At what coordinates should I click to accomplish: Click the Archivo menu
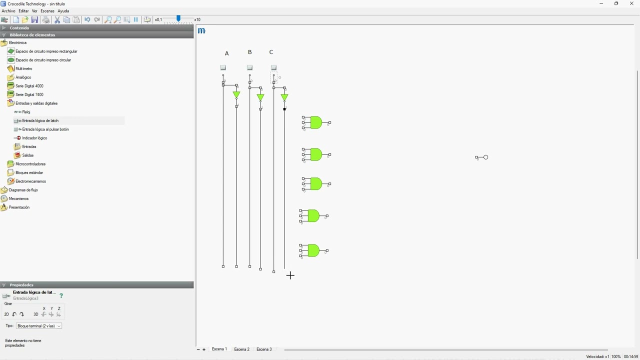pyautogui.click(x=8, y=11)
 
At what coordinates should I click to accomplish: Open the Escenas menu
pyautogui.click(x=47, y=11)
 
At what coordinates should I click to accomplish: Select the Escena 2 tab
pyautogui.click(x=241, y=349)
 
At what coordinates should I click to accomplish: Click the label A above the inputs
pyautogui.click(x=227, y=53)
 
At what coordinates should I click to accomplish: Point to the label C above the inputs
pyautogui.click(x=271, y=52)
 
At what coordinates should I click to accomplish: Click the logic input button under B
pyautogui.click(x=249, y=67)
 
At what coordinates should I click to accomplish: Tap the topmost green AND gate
pyautogui.click(x=315, y=122)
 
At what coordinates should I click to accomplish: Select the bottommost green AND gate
pyautogui.click(x=313, y=250)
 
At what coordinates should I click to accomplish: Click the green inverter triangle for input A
pyautogui.click(x=236, y=95)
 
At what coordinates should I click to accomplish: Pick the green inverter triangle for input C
pyautogui.click(x=284, y=97)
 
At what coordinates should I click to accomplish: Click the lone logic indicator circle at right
pyautogui.click(x=485, y=157)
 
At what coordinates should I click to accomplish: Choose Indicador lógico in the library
pyautogui.click(x=34, y=138)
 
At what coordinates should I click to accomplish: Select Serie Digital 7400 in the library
pyautogui.click(x=29, y=94)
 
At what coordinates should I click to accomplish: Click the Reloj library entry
pyautogui.click(x=26, y=112)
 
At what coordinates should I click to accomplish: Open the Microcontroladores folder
pyautogui.click(x=30, y=164)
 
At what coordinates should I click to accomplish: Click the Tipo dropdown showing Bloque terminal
pyautogui.click(x=39, y=326)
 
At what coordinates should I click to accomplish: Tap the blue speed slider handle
pyautogui.click(x=178, y=18)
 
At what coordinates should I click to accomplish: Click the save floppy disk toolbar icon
pyautogui.click(x=34, y=19)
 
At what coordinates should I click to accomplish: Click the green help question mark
pyautogui.click(x=61, y=295)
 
